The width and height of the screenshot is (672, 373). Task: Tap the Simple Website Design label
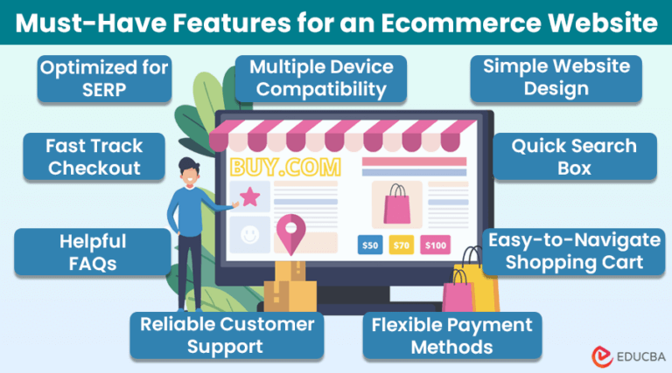[556, 78]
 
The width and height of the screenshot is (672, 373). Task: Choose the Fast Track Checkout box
[95, 155]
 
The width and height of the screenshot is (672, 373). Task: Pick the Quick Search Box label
[574, 155]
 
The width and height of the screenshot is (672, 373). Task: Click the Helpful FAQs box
[93, 251]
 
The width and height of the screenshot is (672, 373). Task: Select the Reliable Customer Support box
[227, 335]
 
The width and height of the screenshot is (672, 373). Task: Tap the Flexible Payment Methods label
[451, 335]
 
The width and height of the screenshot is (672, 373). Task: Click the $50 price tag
[371, 245]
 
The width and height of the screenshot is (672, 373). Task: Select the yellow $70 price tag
[400, 245]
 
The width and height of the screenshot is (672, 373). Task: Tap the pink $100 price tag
[435, 245]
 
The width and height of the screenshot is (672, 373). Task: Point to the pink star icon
[252, 196]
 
